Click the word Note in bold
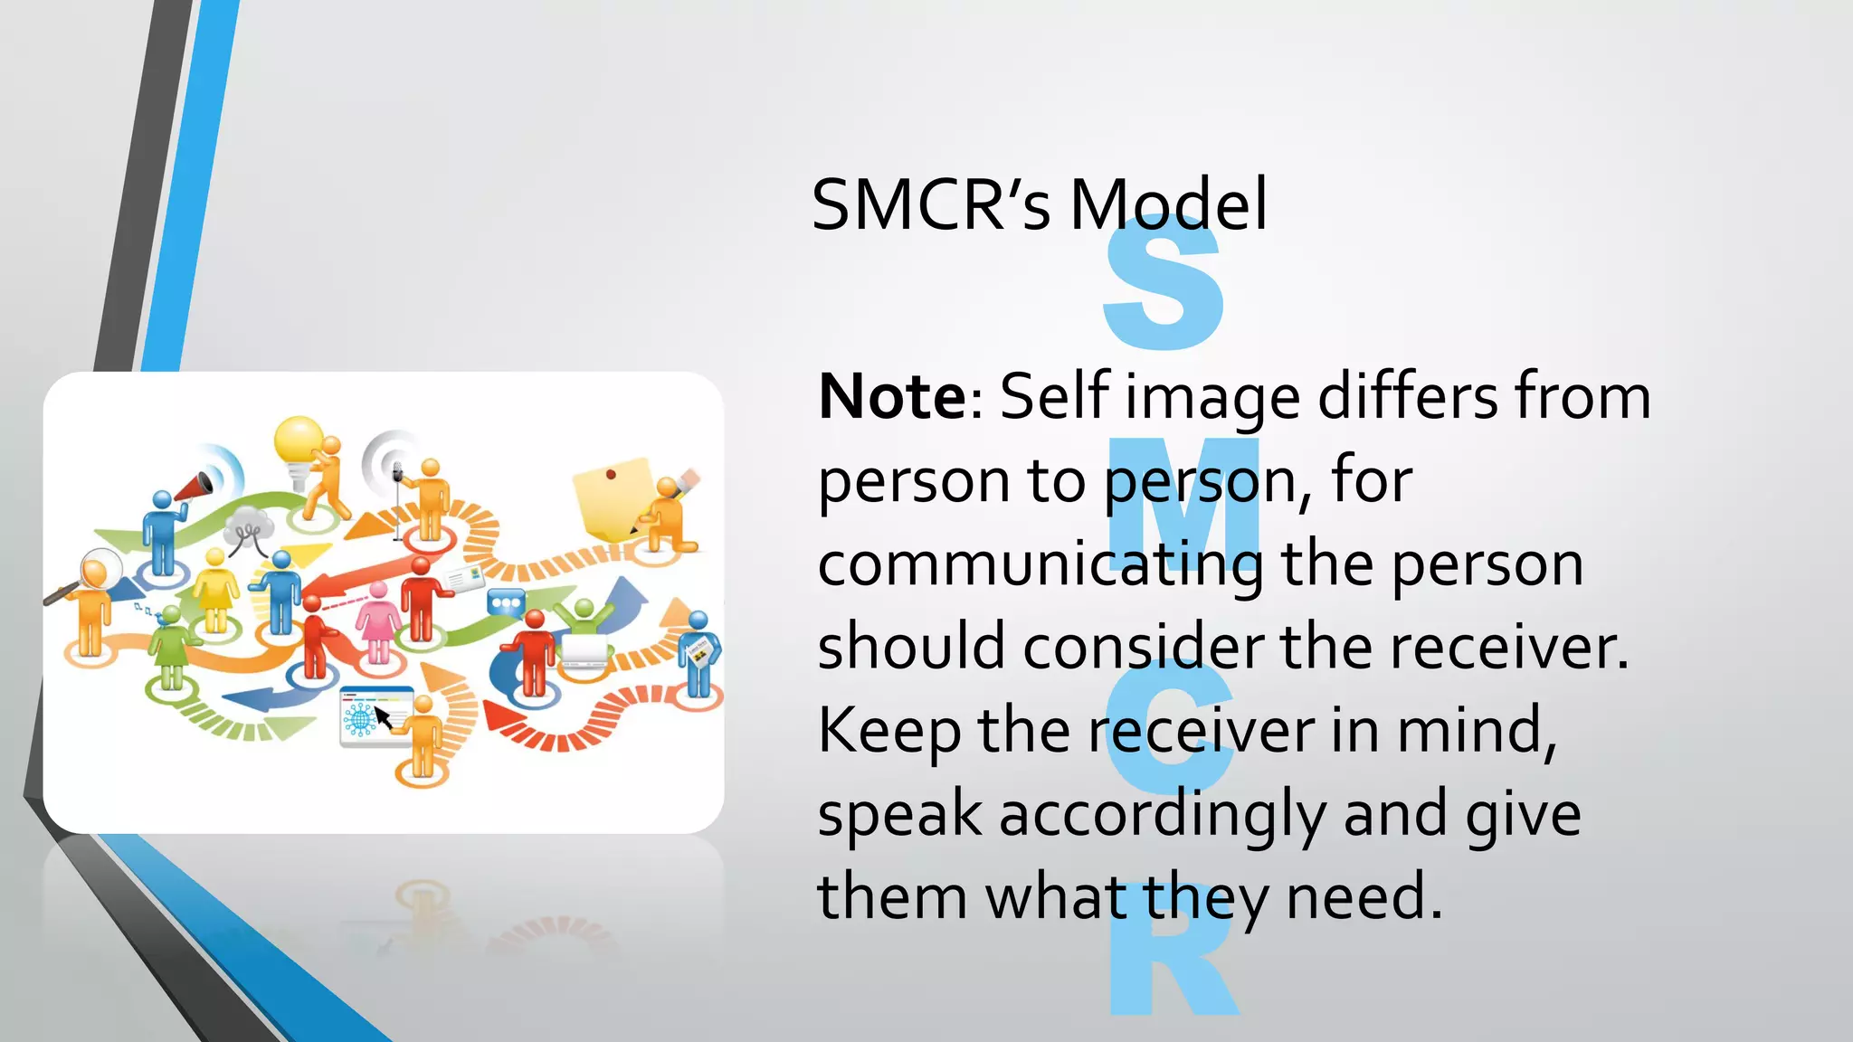[892, 397]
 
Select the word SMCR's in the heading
[931, 205]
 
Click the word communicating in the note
[1040, 564]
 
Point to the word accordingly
[1164, 814]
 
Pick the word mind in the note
[1476, 730]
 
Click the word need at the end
[1364, 897]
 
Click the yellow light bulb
[298, 440]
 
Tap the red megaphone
[194, 488]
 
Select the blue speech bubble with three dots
[505, 602]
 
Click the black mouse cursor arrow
[383, 717]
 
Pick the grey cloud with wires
[248, 524]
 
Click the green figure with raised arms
[584, 616]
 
